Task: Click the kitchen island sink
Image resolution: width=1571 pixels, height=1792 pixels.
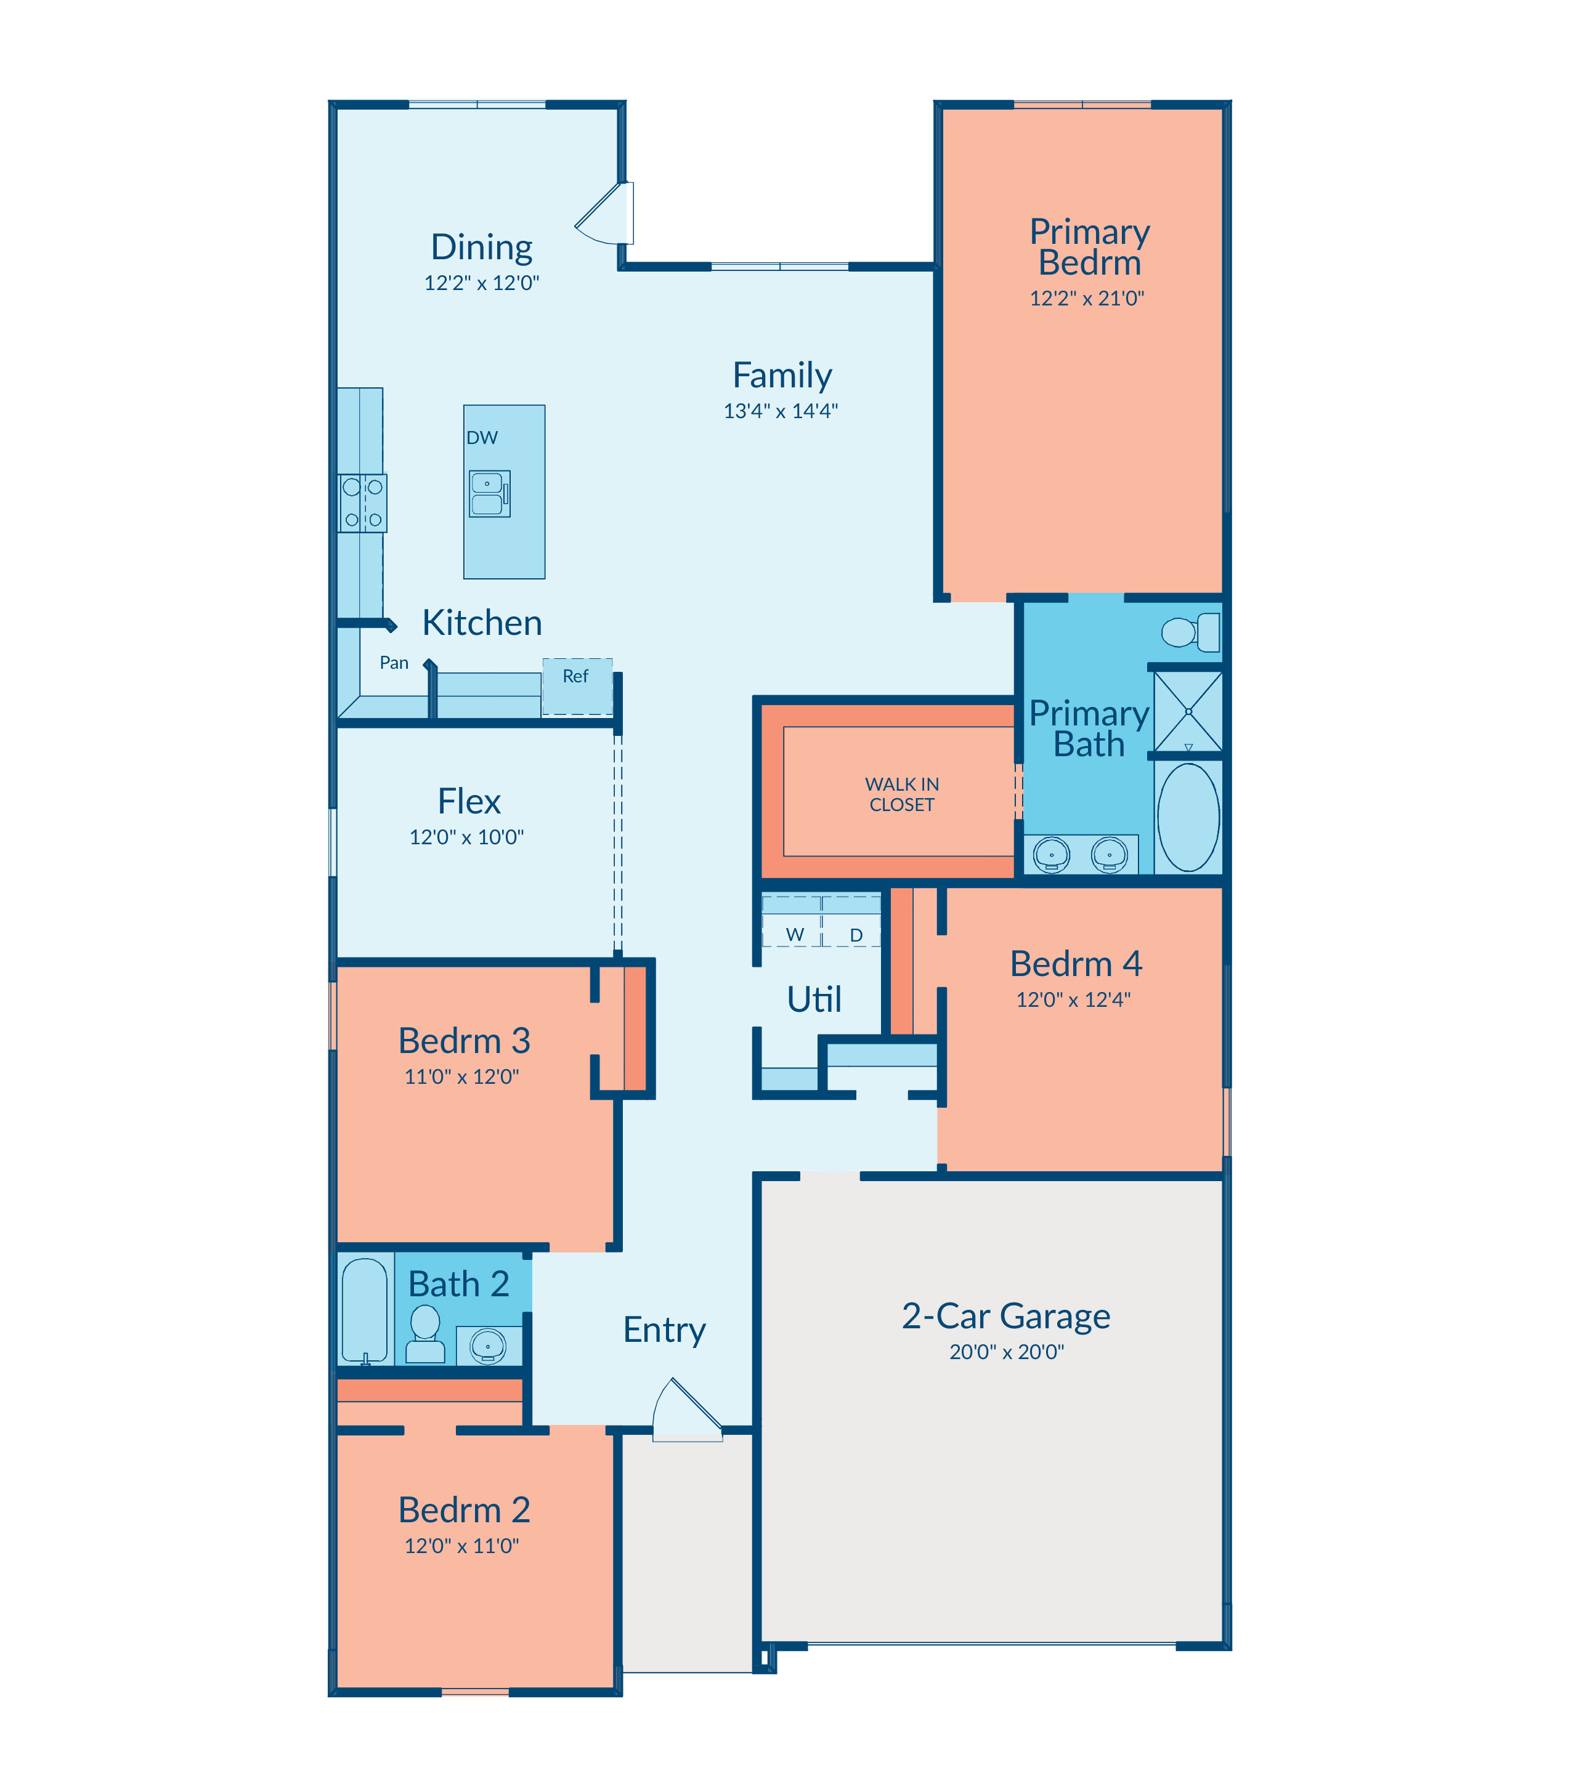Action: click(489, 493)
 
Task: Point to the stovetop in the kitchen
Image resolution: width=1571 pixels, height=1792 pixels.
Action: click(362, 503)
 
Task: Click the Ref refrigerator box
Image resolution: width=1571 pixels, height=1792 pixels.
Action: click(577, 686)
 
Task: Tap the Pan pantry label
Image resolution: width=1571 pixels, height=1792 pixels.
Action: click(394, 663)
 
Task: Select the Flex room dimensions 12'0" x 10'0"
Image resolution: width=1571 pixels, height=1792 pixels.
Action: click(466, 837)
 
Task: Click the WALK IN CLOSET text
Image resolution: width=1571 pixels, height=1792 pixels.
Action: click(902, 794)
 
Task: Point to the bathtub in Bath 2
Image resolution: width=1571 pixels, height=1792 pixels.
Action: click(364, 1311)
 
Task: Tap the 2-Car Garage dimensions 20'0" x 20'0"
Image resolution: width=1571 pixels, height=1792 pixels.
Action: click(1007, 1352)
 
